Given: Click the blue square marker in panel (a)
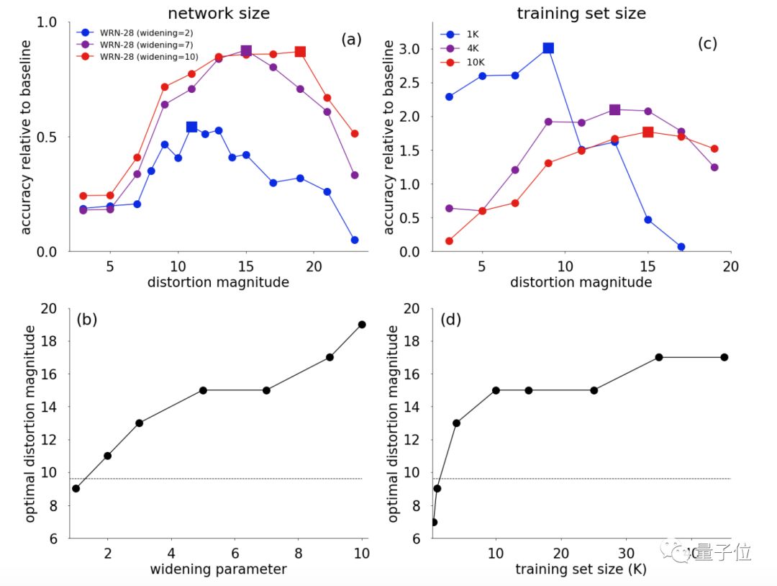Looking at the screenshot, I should pyautogui.click(x=191, y=127).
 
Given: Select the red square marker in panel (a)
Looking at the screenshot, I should pyautogui.click(x=300, y=52).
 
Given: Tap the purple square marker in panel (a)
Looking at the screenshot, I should pyautogui.click(x=246, y=51).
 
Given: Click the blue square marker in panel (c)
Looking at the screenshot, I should pyautogui.click(x=548, y=48).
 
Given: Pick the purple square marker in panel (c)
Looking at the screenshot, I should pyautogui.click(x=614, y=109).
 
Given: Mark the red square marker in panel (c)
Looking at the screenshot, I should pyautogui.click(x=647, y=132).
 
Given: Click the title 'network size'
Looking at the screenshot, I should pyautogui.click(x=219, y=13).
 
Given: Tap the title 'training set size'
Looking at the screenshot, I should pyautogui.click(x=581, y=13).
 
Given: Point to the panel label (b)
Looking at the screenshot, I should pyautogui.click(x=86, y=320).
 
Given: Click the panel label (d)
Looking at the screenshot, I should pyautogui.click(x=450, y=320).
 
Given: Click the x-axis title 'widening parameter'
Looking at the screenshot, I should pyautogui.click(x=218, y=569).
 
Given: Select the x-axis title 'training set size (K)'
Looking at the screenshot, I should pyautogui.click(x=581, y=569).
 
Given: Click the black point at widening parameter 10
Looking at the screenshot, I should pyautogui.click(x=361, y=325).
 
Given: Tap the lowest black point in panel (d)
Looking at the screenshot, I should pyautogui.click(x=433, y=522).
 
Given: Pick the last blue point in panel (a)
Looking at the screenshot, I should pyautogui.click(x=354, y=240).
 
